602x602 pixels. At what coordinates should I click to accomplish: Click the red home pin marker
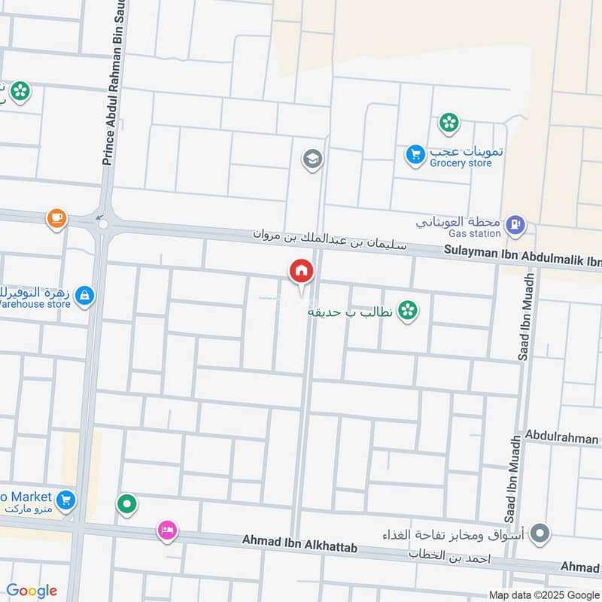pos(301,272)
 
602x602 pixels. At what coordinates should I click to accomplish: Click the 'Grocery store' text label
pos(461,163)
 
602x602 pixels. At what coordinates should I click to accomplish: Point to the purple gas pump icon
pos(515,223)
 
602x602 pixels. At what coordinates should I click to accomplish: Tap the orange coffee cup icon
pos(56,219)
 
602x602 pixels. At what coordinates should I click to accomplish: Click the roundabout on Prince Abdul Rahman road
pos(103,223)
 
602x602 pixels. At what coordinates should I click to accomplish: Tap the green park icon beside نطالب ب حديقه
pos(408,309)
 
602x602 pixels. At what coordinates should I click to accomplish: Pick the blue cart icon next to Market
pos(66,499)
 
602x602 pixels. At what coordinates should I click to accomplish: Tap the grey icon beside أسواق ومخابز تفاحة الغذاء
pos(539,535)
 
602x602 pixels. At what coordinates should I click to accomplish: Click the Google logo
pos(31,590)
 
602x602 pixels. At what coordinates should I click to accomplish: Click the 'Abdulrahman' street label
pos(561,437)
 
